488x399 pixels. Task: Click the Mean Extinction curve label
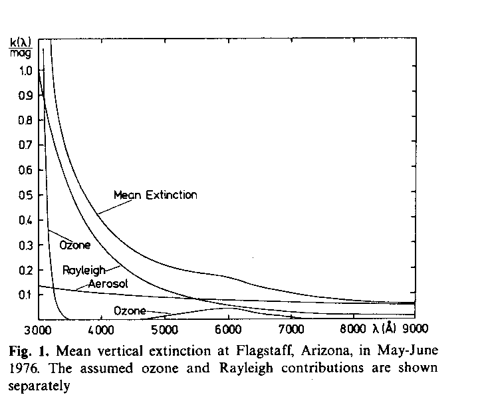(x=155, y=196)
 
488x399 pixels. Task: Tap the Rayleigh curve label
(x=80, y=269)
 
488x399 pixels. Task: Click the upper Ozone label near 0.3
(x=74, y=245)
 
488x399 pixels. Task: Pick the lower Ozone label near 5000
(x=130, y=311)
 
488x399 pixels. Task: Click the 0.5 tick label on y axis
(x=25, y=195)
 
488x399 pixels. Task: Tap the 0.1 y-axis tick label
(x=25, y=295)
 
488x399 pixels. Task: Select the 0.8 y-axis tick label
(x=25, y=120)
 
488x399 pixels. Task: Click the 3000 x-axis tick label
(x=39, y=329)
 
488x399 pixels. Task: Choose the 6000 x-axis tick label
(x=227, y=329)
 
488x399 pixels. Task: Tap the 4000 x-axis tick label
(x=100, y=329)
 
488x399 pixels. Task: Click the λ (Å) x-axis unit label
(x=386, y=329)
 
